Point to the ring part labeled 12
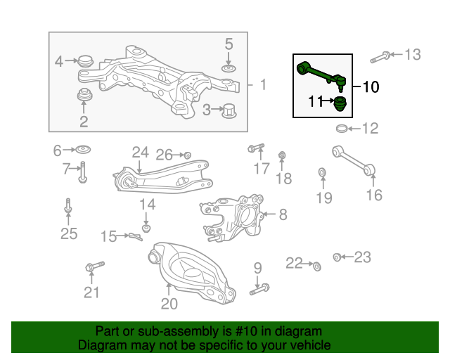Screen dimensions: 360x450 click(x=342, y=128)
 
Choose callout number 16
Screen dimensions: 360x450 click(x=374, y=195)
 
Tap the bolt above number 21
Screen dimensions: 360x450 click(x=94, y=266)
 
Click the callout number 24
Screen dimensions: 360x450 click(x=140, y=152)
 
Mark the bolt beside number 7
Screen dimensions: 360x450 click(x=82, y=172)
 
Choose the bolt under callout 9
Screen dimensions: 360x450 click(x=259, y=288)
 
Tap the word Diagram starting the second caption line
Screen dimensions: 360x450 click(x=101, y=345)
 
